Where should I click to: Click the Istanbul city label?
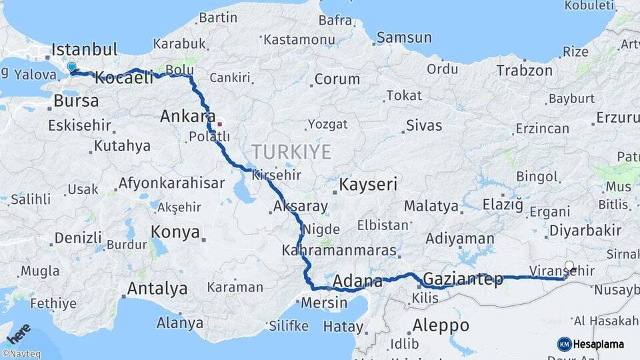coord(85,49)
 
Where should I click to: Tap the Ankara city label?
coord(188,117)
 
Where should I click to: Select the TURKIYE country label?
coord(291,152)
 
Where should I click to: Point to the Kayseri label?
coord(368,184)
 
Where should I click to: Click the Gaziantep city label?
coord(463,279)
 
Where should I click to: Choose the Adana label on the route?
coord(357,281)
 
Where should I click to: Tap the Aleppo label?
coord(441,326)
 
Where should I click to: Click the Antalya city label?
coord(157,289)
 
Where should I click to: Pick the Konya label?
coord(175,232)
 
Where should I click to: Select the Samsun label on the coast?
coord(405,37)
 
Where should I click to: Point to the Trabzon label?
coord(524,71)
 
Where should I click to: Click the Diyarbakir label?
coord(584,231)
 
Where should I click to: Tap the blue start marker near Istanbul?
coord(71,67)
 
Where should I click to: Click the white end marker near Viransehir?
coord(569,266)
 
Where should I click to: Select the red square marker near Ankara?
coord(219,124)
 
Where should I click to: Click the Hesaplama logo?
coord(591,344)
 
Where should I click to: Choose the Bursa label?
coord(75,101)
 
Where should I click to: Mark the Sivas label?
coord(423,125)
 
